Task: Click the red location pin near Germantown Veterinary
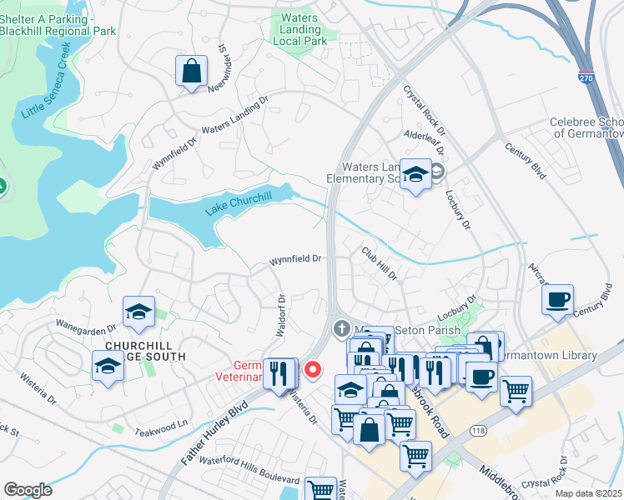313,368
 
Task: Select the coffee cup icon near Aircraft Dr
557,299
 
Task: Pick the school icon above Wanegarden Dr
138,312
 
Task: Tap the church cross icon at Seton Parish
340,328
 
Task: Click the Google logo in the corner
28,490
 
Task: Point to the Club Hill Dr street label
380,262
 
